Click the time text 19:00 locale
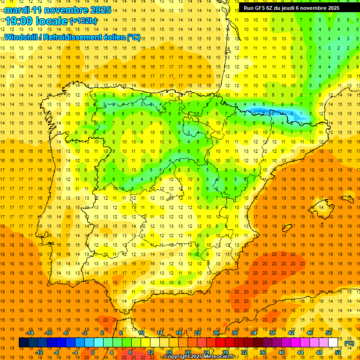click(x=37, y=21)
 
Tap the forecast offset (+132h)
click(x=83, y=21)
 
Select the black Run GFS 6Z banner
click(x=295, y=8)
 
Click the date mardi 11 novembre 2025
click(x=59, y=9)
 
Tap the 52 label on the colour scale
click(x=338, y=352)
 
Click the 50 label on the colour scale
click(x=329, y=333)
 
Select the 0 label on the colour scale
click(x=93, y=352)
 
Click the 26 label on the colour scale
click(x=216, y=333)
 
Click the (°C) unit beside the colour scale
click(x=349, y=343)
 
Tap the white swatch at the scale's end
click(x=333, y=343)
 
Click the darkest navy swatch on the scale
click(x=23, y=343)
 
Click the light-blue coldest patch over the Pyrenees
click(x=262, y=112)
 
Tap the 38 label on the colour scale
click(x=272, y=333)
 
